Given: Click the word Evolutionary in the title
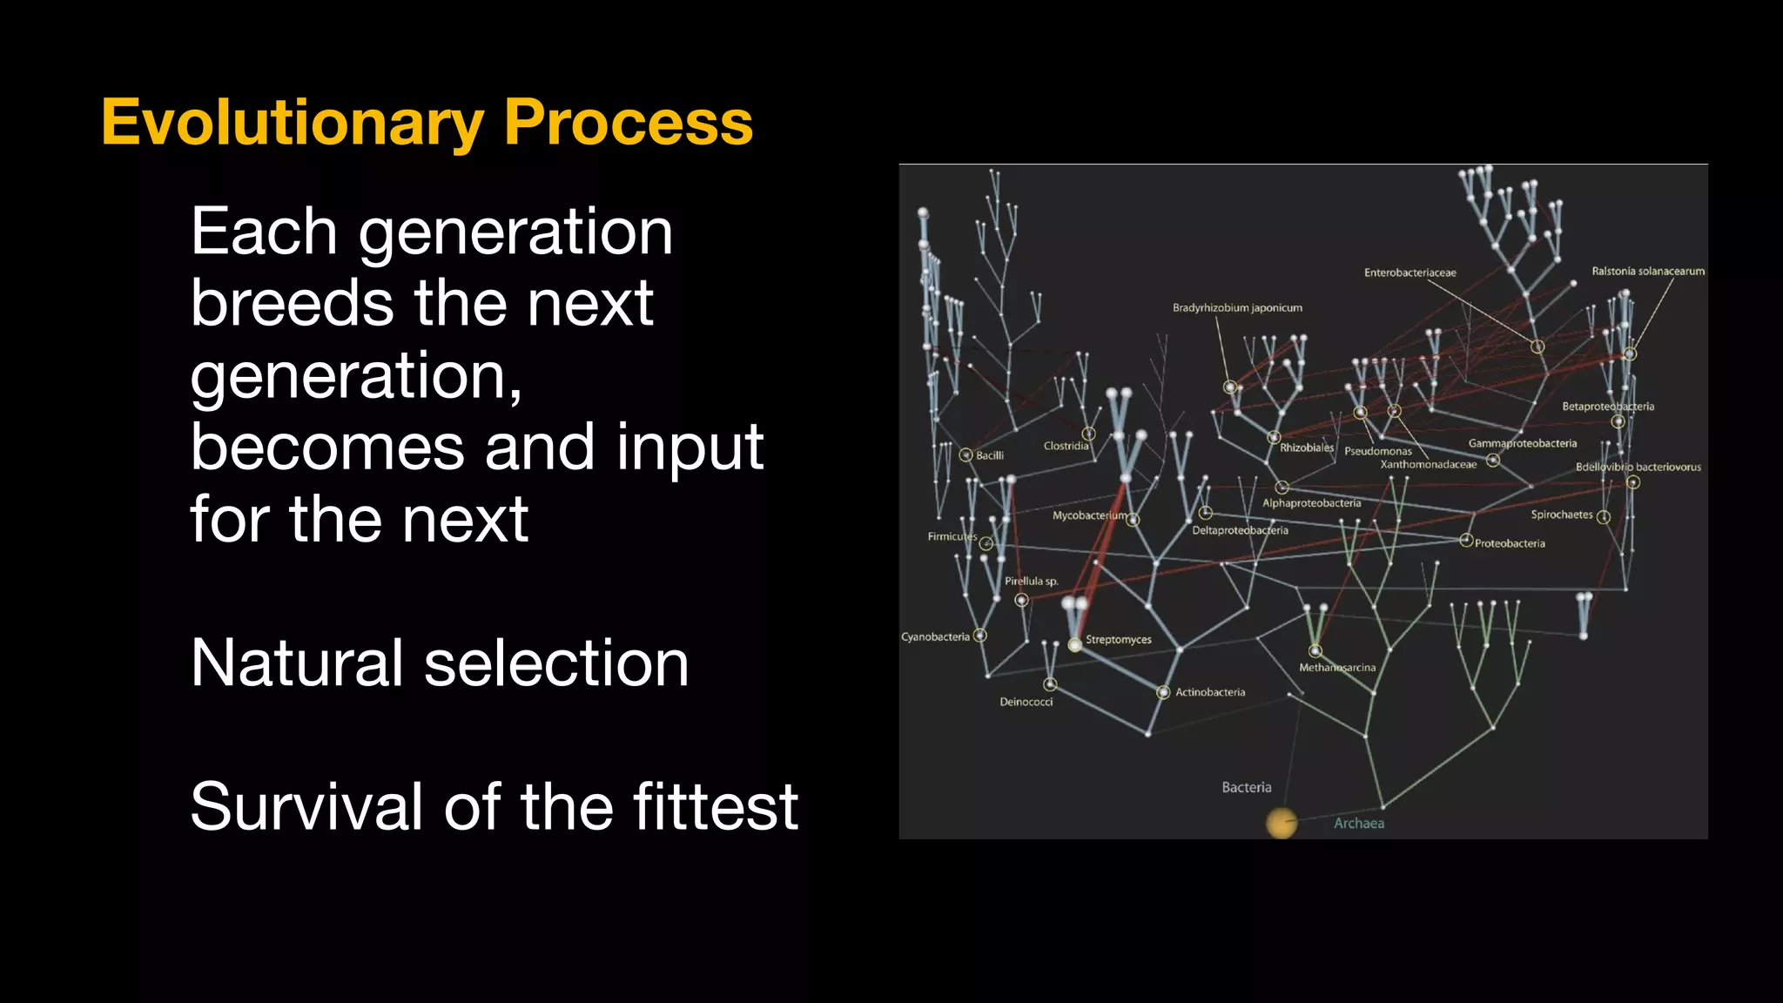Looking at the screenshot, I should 292,123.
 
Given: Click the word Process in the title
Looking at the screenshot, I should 628,123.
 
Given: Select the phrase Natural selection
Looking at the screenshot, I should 439,663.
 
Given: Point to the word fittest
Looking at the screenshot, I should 715,807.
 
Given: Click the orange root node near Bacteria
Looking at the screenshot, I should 1281,822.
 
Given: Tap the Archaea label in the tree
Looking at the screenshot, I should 1358,824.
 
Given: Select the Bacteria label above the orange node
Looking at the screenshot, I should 1246,787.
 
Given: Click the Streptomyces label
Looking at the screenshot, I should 1118,640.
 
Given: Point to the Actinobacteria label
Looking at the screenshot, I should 1210,693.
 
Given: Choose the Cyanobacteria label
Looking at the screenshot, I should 935,637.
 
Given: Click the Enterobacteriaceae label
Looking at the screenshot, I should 1410,273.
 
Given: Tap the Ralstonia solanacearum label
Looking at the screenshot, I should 1647,272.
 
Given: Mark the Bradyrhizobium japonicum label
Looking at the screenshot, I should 1237,308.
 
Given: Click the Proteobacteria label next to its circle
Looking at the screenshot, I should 1510,544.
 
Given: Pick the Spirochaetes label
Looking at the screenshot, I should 1561,515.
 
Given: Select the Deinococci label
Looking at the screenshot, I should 1026,703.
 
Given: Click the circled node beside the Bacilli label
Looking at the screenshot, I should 966,455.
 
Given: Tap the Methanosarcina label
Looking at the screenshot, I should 1337,669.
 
